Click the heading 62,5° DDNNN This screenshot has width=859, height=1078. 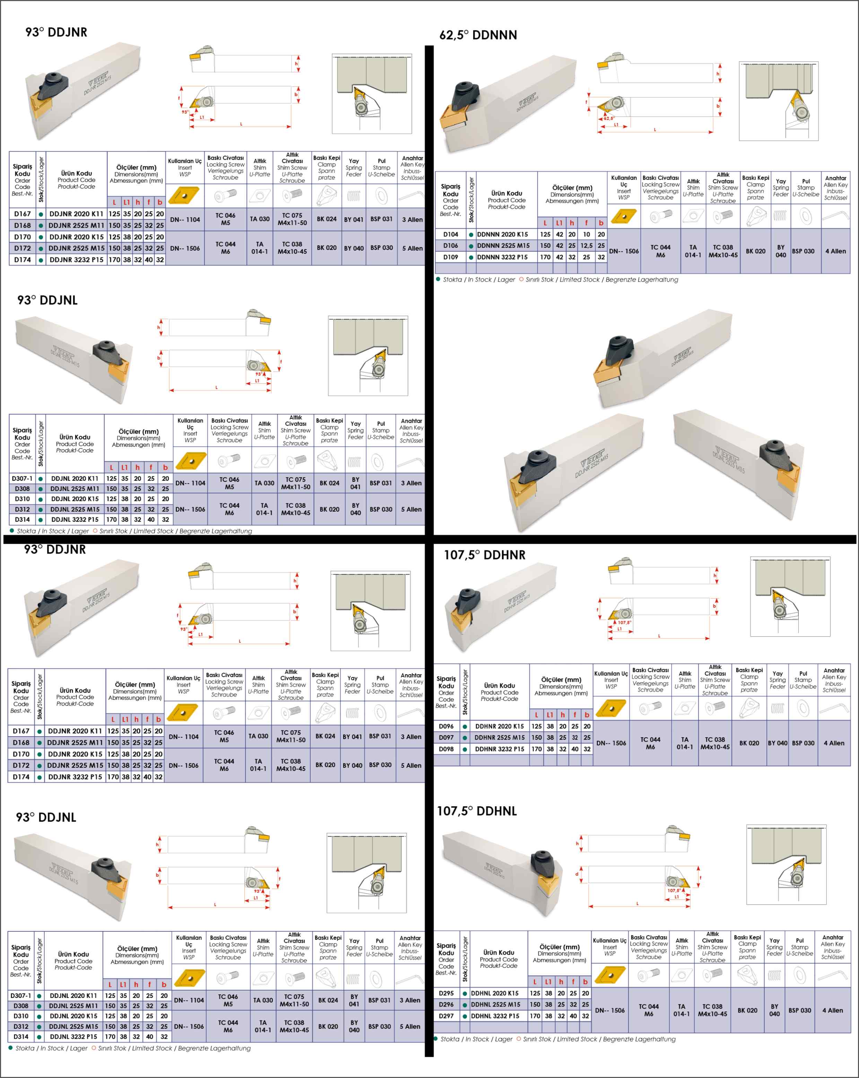[478, 35]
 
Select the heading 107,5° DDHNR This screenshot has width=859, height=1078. [485, 555]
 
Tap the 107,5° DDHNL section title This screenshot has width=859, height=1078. [477, 811]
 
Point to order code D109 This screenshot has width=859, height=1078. [451, 257]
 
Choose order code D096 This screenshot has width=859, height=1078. [446, 726]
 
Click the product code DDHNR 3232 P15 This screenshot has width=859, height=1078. [500, 749]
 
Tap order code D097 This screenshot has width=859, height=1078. [446, 738]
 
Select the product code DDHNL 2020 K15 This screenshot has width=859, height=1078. [495, 993]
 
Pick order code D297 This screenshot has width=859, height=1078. [446, 1016]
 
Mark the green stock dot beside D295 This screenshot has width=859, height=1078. [465, 993]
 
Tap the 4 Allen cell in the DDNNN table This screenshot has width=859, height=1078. [835, 251]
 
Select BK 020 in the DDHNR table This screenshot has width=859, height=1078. [749, 743]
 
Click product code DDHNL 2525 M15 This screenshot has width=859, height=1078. [495, 1005]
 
